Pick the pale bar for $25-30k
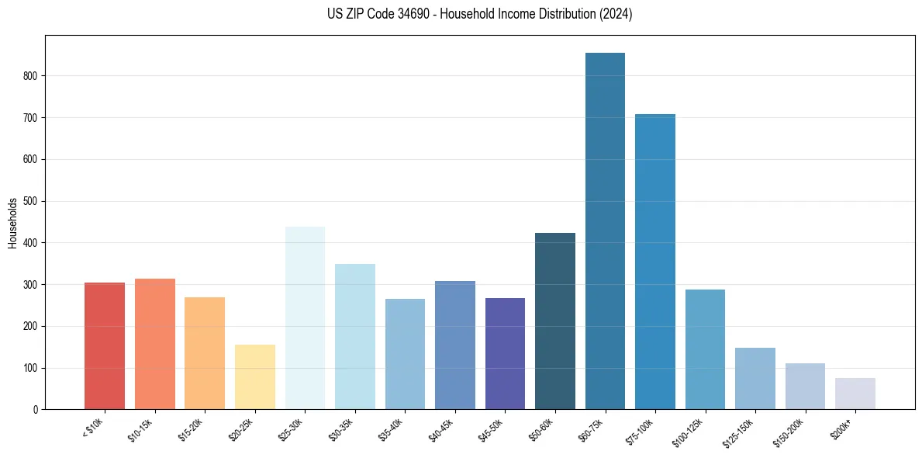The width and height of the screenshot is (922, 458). pos(305,317)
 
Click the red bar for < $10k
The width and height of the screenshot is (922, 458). pos(105,345)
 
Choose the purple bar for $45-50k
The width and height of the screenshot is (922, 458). pos(505,353)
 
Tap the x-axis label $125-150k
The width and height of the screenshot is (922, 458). pos(738,432)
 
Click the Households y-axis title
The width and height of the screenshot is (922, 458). pos(13,223)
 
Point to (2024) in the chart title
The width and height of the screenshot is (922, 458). pos(617,14)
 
